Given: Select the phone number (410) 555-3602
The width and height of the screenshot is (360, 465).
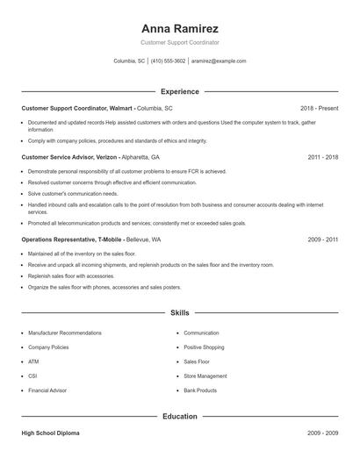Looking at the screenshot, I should pyautogui.click(x=168, y=61).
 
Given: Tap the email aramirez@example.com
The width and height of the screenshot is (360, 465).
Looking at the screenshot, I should pyautogui.click(x=219, y=61).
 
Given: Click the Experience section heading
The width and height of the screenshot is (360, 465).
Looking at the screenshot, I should pyautogui.click(x=179, y=91).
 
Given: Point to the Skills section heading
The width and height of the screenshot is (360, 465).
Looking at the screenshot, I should pyautogui.click(x=179, y=312).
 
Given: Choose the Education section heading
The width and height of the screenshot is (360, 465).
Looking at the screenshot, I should pyautogui.click(x=179, y=416).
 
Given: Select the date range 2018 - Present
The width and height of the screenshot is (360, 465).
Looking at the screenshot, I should pyautogui.click(x=319, y=108).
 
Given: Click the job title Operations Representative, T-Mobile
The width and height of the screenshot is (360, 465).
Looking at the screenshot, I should pyautogui.click(x=72, y=239).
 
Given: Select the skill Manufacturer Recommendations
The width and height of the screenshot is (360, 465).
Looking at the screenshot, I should pyautogui.click(x=65, y=333).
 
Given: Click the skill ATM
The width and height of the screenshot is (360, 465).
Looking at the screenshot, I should pyautogui.click(x=33, y=361).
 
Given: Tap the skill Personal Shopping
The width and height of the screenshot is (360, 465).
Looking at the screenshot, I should pyautogui.click(x=205, y=347).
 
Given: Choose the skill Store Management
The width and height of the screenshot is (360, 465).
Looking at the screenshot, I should pyautogui.click(x=205, y=376).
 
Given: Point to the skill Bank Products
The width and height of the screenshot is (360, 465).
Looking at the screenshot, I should pyautogui.click(x=200, y=390).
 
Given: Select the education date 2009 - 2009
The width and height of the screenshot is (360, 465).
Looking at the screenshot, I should pyautogui.click(x=323, y=433).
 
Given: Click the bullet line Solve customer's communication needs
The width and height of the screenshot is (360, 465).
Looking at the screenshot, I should pyautogui.click(x=73, y=193).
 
